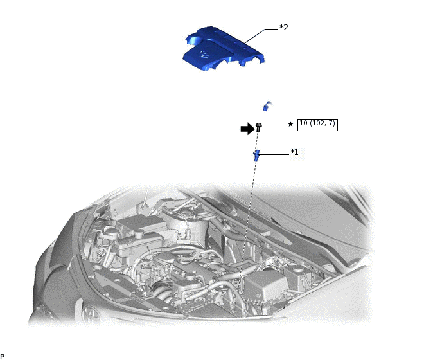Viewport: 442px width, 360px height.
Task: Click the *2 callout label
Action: point(284,28)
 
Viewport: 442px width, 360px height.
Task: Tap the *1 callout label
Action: point(294,152)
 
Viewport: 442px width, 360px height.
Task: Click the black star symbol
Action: point(290,124)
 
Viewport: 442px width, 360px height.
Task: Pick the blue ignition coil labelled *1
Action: point(256,155)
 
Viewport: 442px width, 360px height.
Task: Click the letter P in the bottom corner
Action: point(3,356)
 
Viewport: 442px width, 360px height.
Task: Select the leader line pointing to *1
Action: point(274,153)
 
